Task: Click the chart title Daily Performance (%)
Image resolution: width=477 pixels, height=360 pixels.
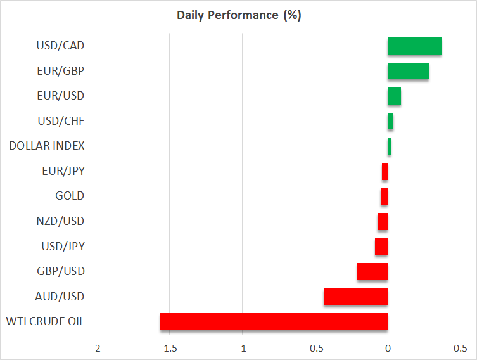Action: (239, 15)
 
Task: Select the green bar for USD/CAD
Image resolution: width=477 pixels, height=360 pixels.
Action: (414, 46)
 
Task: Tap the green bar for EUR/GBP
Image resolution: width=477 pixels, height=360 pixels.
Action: (408, 71)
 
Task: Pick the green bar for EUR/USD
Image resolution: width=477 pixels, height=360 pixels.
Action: (394, 96)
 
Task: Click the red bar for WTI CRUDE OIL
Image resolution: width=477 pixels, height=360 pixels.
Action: (274, 321)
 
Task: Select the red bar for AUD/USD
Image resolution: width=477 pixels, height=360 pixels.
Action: (355, 297)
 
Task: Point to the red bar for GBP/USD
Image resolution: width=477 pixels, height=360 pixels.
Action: (372, 271)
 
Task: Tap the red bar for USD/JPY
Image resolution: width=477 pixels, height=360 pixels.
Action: (381, 246)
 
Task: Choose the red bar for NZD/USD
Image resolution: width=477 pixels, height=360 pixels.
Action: (382, 221)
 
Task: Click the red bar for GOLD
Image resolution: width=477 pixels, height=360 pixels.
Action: (384, 196)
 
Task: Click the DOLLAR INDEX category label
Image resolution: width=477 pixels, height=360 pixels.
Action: (46, 146)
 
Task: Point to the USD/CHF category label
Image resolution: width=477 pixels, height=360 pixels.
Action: (61, 121)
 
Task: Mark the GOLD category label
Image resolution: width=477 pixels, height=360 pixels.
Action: (70, 196)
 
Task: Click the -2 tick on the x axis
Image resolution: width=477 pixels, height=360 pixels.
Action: (96, 349)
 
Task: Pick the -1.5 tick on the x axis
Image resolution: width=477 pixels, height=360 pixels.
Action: (167, 349)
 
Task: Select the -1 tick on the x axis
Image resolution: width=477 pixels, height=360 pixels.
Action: (241, 349)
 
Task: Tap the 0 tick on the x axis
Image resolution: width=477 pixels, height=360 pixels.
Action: (388, 349)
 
